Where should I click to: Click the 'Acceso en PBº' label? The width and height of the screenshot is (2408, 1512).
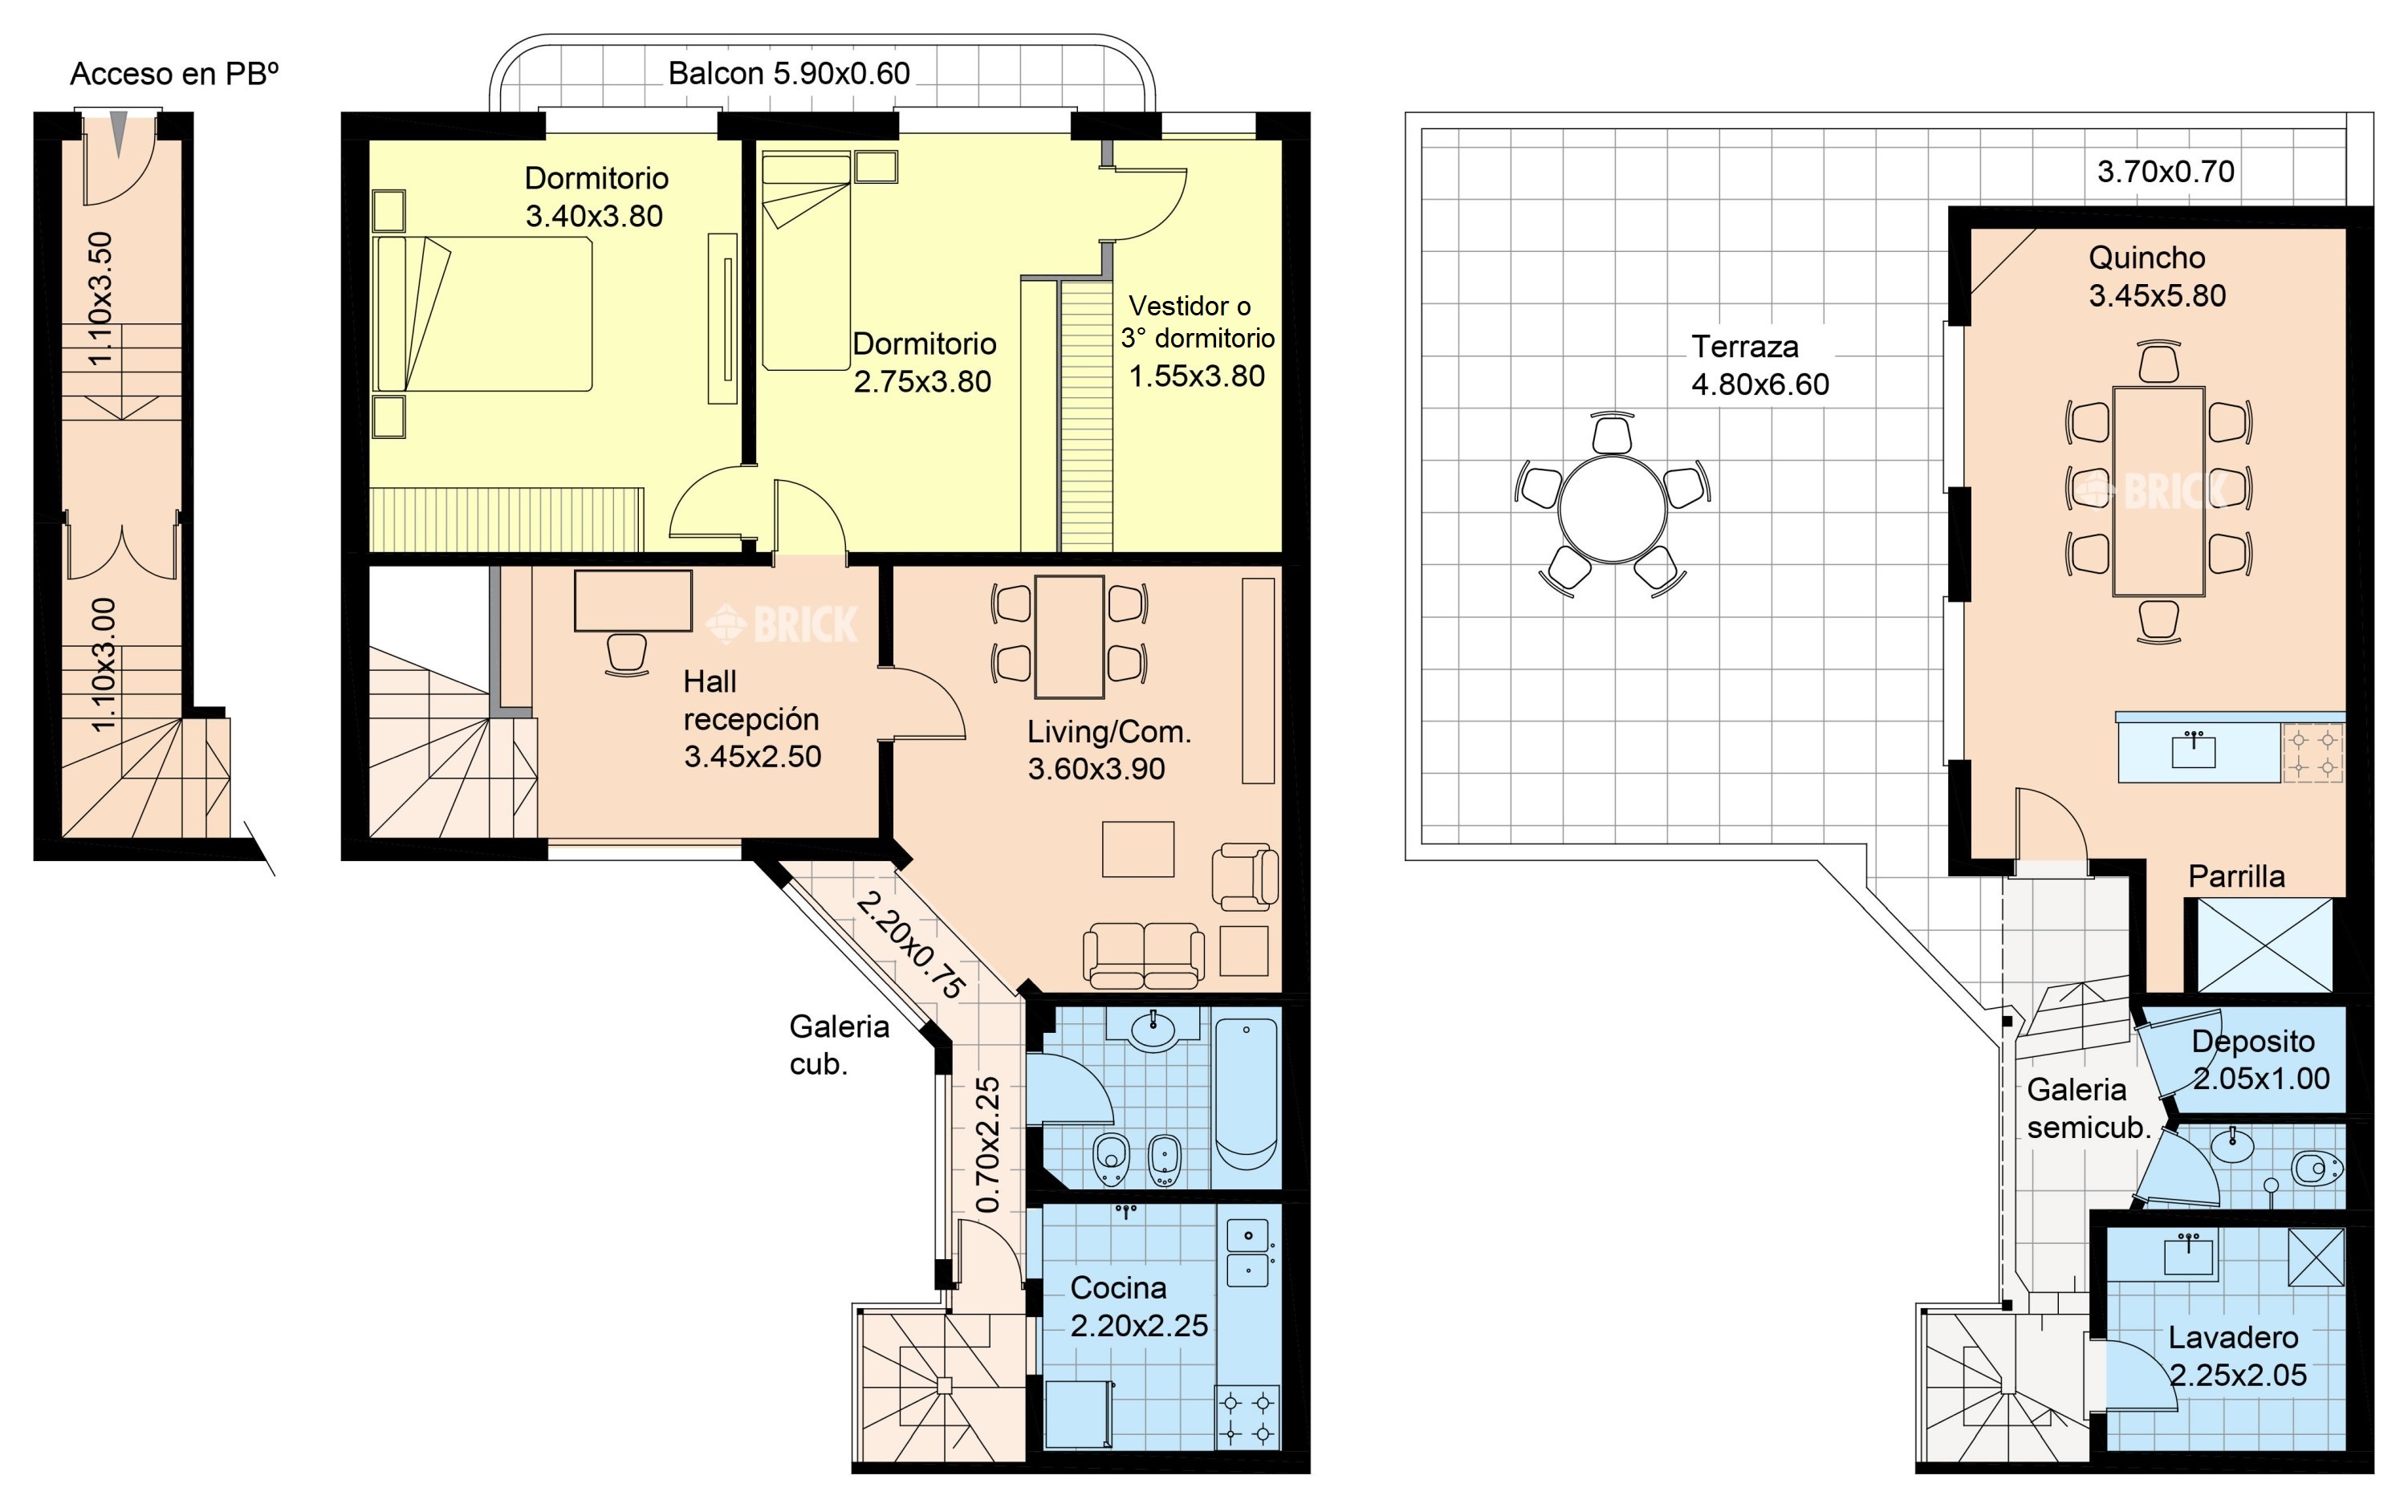(174, 74)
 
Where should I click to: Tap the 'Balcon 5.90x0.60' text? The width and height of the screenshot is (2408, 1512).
(789, 73)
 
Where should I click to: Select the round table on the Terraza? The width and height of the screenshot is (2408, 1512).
(1612, 509)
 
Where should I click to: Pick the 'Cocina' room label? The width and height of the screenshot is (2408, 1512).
(1118, 1287)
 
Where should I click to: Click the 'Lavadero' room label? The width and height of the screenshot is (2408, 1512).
(2233, 1337)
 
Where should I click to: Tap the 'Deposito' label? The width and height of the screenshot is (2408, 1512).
(2253, 1041)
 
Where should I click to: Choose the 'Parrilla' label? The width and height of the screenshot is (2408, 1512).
(2236, 876)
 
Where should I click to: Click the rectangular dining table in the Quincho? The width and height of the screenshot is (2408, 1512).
(2159, 491)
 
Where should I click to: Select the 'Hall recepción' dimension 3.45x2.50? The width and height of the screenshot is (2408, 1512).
(752, 756)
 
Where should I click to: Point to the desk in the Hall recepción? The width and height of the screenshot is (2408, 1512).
(633, 600)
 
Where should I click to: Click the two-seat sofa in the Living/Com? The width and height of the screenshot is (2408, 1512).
(1144, 955)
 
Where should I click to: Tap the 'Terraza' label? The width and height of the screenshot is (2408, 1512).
(1744, 347)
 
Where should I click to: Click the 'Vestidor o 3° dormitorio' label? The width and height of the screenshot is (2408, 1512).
(1197, 322)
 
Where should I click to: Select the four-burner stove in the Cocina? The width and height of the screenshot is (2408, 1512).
(1247, 1417)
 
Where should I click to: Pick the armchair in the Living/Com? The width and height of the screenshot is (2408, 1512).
(1244, 877)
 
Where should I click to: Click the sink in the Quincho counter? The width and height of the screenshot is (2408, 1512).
(2193, 750)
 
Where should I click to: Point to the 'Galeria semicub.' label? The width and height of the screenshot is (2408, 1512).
(2088, 1108)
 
